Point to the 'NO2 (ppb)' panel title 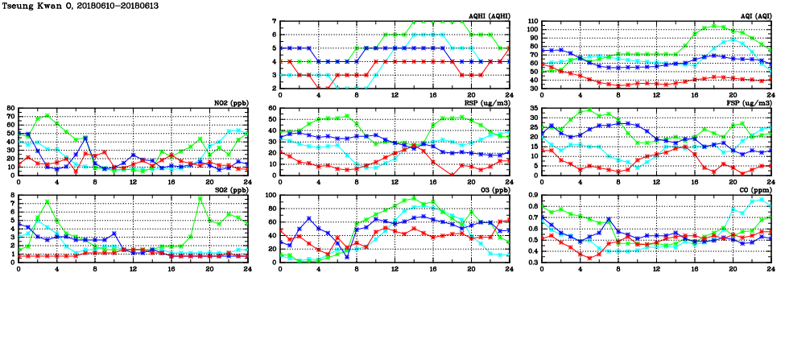coord(230,102)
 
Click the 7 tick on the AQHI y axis coord(275,22)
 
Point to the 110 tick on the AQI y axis coord(532,22)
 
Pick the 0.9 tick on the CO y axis coord(532,196)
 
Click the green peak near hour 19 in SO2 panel coord(200,198)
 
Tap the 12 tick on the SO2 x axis coord(133,269)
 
